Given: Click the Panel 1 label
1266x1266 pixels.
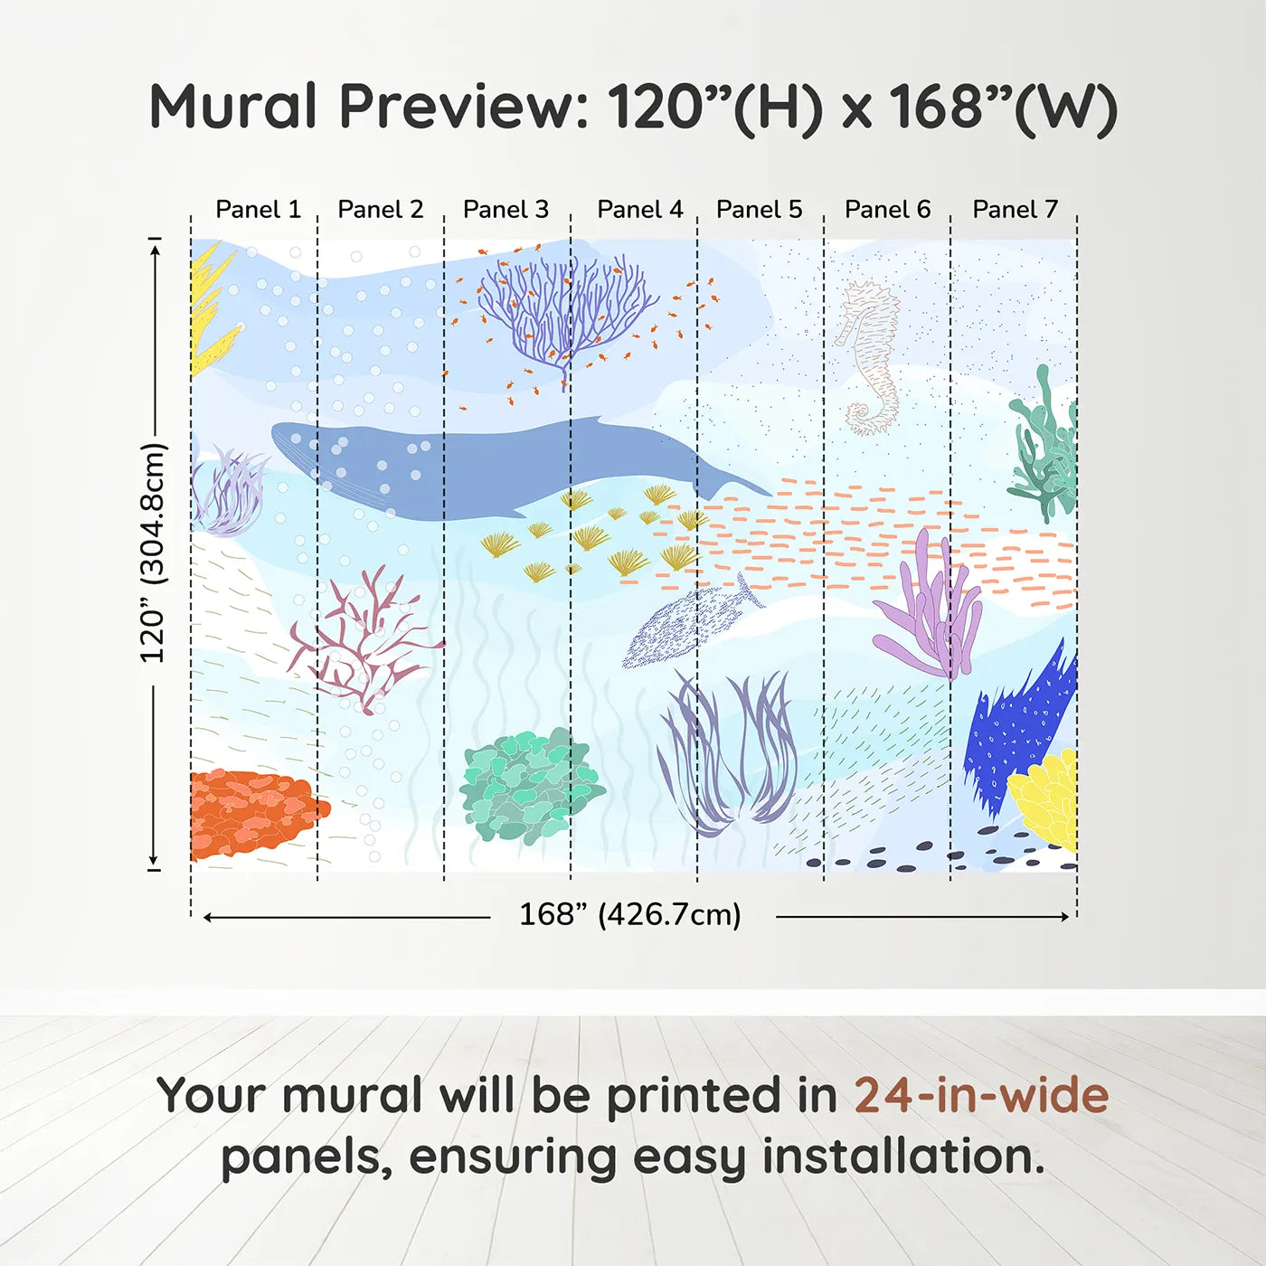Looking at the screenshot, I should tap(258, 210).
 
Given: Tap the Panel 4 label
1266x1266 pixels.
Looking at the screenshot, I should tap(639, 210).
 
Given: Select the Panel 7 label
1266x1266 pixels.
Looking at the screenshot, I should tap(1015, 210).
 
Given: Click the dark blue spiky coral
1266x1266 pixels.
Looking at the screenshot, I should tap(1017, 723).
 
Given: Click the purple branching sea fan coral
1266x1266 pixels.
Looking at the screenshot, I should tap(565, 312).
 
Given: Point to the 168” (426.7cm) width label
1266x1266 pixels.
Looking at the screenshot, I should tap(629, 915).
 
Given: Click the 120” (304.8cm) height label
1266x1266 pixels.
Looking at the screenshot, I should tap(153, 553).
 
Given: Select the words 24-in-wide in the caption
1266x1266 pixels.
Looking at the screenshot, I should tap(981, 1096).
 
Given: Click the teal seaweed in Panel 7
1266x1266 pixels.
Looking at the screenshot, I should tap(1044, 448).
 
